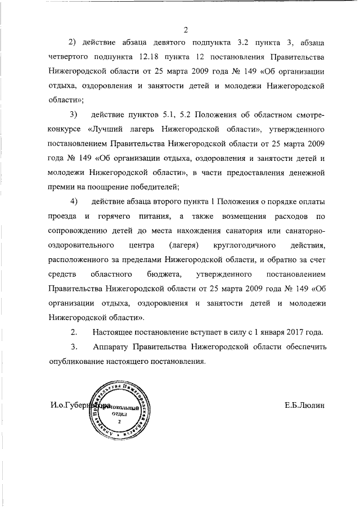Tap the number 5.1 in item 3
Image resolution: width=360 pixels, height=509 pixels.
pos(169,115)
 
